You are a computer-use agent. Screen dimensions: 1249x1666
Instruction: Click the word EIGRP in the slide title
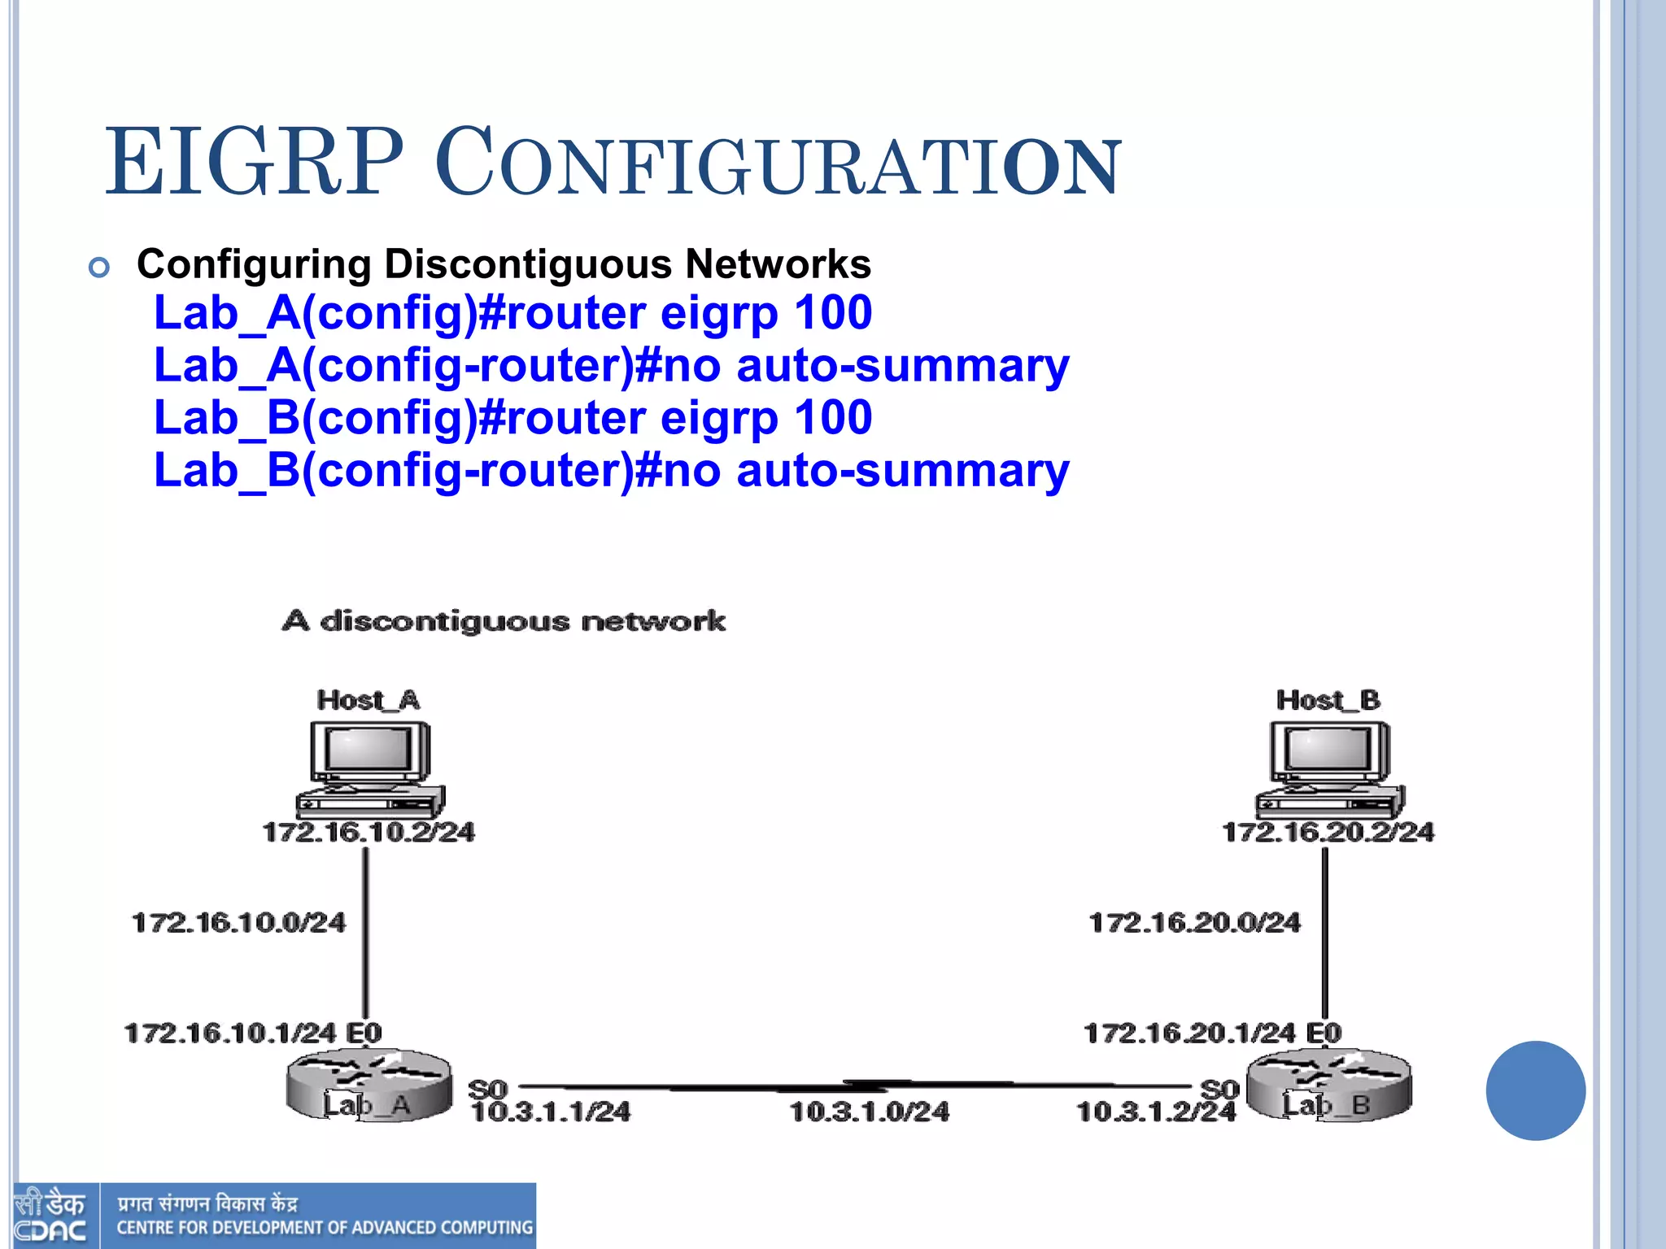(x=255, y=163)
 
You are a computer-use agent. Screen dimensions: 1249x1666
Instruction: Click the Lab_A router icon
(x=369, y=1086)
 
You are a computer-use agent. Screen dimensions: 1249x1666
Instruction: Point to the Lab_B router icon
(x=1329, y=1086)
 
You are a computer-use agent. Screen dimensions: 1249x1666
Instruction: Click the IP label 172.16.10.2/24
(x=369, y=832)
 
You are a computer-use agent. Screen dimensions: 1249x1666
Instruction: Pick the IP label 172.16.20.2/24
(x=1328, y=832)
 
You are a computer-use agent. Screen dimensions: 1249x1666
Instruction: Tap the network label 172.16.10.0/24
(x=238, y=923)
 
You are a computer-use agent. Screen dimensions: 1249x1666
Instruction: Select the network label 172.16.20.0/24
(x=1195, y=923)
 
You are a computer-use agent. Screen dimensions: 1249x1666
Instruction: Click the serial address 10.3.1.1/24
(x=551, y=1112)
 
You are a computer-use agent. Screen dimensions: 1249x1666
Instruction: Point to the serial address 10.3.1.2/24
(x=1155, y=1112)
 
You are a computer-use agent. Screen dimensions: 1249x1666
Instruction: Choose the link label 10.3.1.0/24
(x=870, y=1112)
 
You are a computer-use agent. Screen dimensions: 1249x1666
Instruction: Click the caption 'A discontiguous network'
(x=504, y=621)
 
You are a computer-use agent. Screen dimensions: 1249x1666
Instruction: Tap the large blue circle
(x=1535, y=1090)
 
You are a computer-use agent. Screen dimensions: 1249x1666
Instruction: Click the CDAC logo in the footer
(x=50, y=1216)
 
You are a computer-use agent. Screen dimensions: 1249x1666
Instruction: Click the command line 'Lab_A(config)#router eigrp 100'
(x=512, y=313)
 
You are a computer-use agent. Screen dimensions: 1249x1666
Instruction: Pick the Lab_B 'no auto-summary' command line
(x=611, y=471)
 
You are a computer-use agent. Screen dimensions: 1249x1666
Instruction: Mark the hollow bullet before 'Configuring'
(x=99, y=267)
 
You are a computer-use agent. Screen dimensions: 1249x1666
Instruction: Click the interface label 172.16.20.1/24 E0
(x=1212, y=1034)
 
